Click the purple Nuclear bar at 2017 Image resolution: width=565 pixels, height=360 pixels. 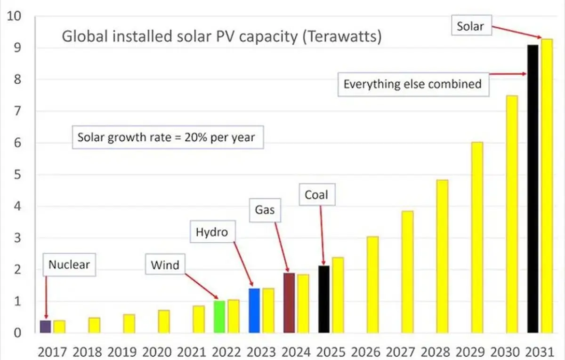click(45, 327)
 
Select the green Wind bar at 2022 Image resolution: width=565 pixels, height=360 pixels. click(219, 317)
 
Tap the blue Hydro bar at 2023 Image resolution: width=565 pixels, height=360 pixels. click(254, 311)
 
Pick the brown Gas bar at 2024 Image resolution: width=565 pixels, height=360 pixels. click(289, 303)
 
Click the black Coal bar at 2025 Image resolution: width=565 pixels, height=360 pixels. click(324, 299)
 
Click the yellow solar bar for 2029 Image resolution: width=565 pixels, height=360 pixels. click(477, 238)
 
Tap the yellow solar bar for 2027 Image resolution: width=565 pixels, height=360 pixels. click(408, 272)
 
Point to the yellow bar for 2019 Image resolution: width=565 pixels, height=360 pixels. click(129, 324)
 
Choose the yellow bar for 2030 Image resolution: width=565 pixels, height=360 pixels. click(512, 214)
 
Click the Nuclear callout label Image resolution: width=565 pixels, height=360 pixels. click(69, 265)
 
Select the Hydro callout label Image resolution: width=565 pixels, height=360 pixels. click(211, 232)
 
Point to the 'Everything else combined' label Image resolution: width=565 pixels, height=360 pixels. click(412, 84)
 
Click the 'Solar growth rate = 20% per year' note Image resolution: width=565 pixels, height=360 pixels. click(166, 138)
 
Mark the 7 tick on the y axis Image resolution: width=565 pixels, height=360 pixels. click(17, 112)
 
